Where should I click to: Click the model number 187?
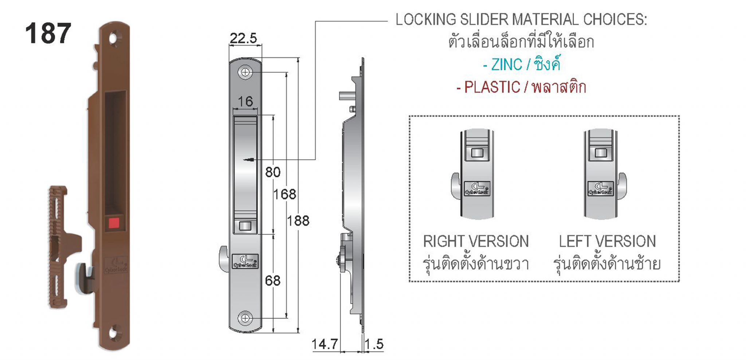[x=48, y=34]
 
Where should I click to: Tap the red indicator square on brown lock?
[x=114, y=223]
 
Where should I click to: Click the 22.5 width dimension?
[x=243, y=38]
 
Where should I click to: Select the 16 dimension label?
[x=245, y=101]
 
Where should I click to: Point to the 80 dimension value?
[x=273, y=172]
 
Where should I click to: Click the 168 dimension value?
[x=285, y=194]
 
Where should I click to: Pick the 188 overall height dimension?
[x=298, y=220]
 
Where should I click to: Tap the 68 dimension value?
[x=273, y=281]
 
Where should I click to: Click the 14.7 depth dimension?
[x=325, y=344]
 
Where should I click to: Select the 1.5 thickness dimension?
[x=374, y=344]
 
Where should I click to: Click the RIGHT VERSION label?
[x=476, y=241]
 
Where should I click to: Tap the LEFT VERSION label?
[x=607, y=241]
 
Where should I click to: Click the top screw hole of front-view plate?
[x=245, y=72]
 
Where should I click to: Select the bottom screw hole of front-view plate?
[x=245, y=318]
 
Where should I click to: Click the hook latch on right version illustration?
[x=456, y=186]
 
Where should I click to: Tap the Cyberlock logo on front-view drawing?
[x=245, y=261]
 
